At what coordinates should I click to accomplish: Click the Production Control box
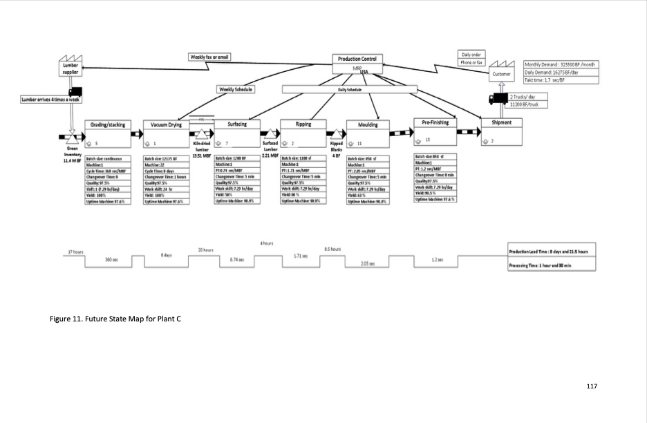(357, 60)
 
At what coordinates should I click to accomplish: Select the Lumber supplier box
(71, 68)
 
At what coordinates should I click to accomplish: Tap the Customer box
(501, 74)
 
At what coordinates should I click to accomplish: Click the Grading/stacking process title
(108, 125)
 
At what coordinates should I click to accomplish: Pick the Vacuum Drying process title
(165, 125)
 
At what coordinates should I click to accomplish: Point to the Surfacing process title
(236, 124)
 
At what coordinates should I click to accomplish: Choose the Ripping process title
(303, 124)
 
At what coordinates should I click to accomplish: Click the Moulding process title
(368, 125)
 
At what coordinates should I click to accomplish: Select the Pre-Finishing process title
(435, 122)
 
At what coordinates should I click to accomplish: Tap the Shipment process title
(501, 122)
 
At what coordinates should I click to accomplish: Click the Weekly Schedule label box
(236, 89)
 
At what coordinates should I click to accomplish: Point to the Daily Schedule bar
(350, 90)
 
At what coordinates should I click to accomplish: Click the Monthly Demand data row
(561, 64)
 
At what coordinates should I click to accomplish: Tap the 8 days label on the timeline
(166, 256)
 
